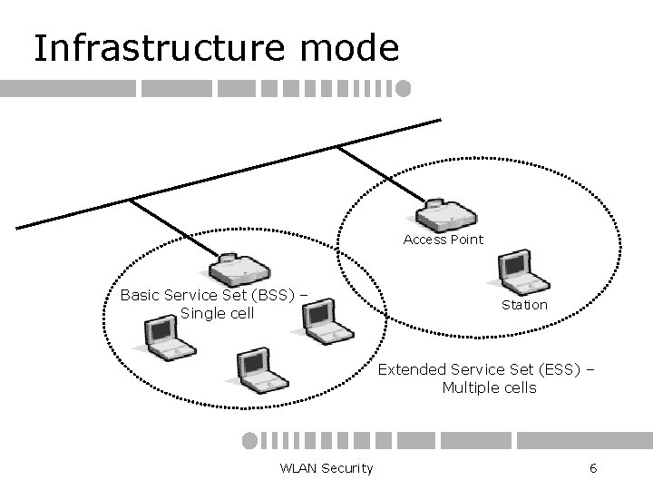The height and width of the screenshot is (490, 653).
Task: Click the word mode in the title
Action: pyautogui.click(x=355, y=48)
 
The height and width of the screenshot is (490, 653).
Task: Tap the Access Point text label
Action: pyautogui.click(x=443, y=240)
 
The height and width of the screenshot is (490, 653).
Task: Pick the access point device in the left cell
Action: pyautogui.click(x=239, y=267)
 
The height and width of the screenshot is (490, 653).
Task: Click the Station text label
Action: pyautogui.click(x=524, y=305)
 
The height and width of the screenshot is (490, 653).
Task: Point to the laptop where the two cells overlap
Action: pyautogui.click(x=323, y=323)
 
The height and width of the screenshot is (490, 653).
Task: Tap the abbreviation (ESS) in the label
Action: pyautogui.click(x=558, y=369)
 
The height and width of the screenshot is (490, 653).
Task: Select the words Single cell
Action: pyautogui.click(x=218, y=314)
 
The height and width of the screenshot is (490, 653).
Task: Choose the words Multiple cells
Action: pyautogui.click(x=489, y=388)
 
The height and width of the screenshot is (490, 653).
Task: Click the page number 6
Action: pyautogui.click(x=592, y=467)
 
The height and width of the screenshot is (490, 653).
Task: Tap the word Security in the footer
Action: pyautogui.click(x=344, y=467)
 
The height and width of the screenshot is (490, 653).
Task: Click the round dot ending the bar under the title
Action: pyautogui.click(x=404, y=88)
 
